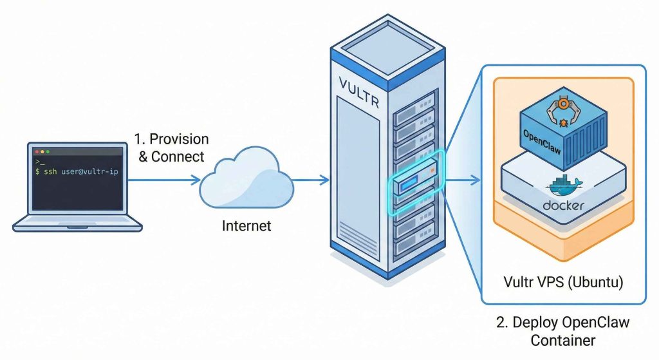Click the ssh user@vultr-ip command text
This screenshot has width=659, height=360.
77,172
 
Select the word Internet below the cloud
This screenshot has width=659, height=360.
246,226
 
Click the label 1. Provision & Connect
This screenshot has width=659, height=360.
171,147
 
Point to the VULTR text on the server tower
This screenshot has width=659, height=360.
358,86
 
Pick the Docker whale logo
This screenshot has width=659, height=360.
564,187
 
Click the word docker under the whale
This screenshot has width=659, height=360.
564,206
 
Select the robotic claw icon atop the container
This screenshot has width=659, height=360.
564,106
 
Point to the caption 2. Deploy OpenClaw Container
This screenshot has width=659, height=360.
563,330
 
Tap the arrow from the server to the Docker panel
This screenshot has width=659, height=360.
463,180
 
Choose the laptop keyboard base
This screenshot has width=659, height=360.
77,223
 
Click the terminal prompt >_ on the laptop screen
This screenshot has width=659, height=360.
39,162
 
